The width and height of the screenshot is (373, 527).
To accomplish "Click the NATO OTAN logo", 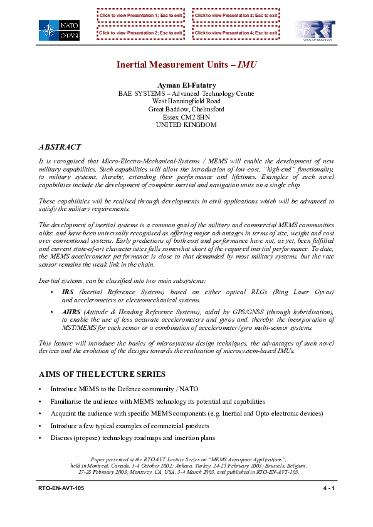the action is click(x=59, y=30).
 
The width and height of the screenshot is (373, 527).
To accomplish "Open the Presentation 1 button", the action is click(x=140, y=14).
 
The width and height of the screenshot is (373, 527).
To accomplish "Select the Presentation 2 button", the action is click(x=140, y=33).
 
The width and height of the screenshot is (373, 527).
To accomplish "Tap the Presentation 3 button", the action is click(x=236, y=14).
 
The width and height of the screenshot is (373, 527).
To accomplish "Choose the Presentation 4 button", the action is click(x=236, y=33).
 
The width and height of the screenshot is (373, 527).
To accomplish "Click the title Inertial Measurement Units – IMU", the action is click(x=186, y=64).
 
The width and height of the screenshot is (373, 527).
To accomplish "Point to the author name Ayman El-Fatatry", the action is click(x=186, y=85).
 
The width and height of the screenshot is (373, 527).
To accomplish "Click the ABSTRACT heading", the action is click(x=60, y=147).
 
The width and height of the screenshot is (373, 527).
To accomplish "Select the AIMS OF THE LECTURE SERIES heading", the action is click(x=102, y=374).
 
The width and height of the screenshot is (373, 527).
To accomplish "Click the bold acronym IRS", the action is click(x=68, y=292).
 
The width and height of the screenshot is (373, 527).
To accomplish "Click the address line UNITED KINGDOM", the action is click(x=186, y=125).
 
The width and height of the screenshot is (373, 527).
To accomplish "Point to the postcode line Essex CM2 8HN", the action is click(x=186, y=117).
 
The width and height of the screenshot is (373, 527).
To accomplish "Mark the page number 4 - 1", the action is click(x=327, y=488).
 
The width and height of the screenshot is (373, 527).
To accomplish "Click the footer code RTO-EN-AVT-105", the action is click(x=61, y=488).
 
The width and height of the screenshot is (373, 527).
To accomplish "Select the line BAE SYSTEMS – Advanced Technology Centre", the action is click(x=186, y=93).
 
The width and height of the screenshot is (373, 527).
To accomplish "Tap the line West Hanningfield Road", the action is click(x=186, y=101).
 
